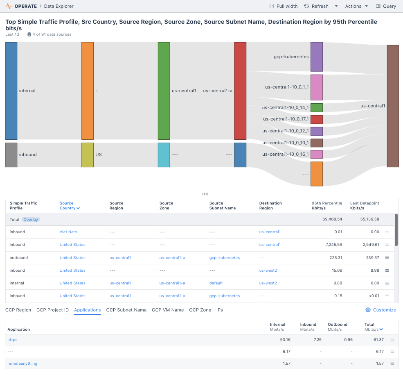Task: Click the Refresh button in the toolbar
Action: pyautogui.click(x=316, y=6)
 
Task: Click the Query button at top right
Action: pyautogui.click(x=386, y=6)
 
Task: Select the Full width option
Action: pyautogui.click(x=284, y=6)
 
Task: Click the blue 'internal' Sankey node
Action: pyautogui.click(x=11, y=91)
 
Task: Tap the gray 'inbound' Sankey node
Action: pyautogui.click(x=11, y=155)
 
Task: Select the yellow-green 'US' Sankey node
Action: pyautogui.click(x=88, y=155)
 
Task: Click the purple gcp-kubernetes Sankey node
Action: pyautogui.click(x=317, y=57)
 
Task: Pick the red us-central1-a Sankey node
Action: pyautogui.click(x=240, y=91)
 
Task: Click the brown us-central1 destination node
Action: pyautogui.click(x=393, y=106)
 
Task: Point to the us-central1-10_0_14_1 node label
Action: pyautogui.click(x=285, y=108)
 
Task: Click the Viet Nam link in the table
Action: pyautogui.click(x=68, y=232)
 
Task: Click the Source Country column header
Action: pyautogui.click(x=69, y=206)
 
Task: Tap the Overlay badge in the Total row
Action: pyautogui.click(x=31, y=220)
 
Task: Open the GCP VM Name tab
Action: pyautogui.click(x=168, y=310)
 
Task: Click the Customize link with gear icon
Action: pyautogui.click(x=380, y=310)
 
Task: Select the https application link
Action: pyautogui.click(x=12, y=340)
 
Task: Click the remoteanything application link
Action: pyautogui.click(x=22, y=364)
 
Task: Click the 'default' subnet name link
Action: pyautogui.click(x=216, y=283)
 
